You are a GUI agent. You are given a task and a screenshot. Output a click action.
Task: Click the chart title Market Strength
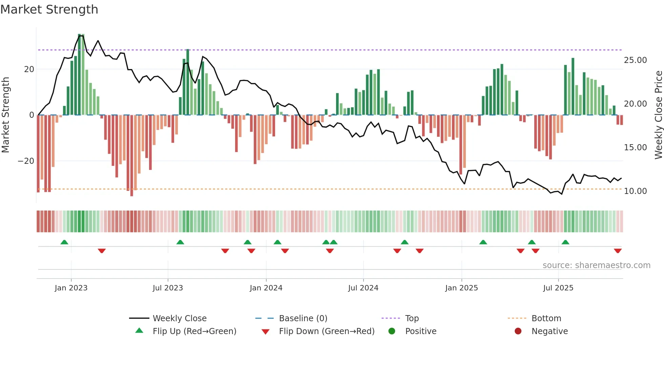(x=49, y=9)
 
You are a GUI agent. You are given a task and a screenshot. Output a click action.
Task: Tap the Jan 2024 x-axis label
(x=266, y=288)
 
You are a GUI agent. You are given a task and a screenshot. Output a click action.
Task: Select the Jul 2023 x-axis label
(x=168, y=288)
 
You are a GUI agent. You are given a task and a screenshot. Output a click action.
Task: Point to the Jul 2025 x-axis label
(x=558, y=288)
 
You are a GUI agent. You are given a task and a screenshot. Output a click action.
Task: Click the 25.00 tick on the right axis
(x=635, y=60)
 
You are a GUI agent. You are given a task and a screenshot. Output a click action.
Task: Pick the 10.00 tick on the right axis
(x=635, y=191)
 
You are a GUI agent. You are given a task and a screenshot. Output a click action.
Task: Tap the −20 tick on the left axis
(x=26, y=161)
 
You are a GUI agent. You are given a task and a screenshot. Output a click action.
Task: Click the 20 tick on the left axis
(x=29, y=69)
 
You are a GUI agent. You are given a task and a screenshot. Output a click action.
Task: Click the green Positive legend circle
(x=392, y=331)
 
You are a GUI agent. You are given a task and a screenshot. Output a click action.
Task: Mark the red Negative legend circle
(x=518, y=331)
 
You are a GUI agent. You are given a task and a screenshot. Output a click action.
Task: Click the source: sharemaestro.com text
(x=596, y=265)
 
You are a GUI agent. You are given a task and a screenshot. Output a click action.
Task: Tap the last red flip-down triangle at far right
(x=618, y=251)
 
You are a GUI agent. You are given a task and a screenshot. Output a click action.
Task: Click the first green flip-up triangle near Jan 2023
(x=64, y=242)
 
